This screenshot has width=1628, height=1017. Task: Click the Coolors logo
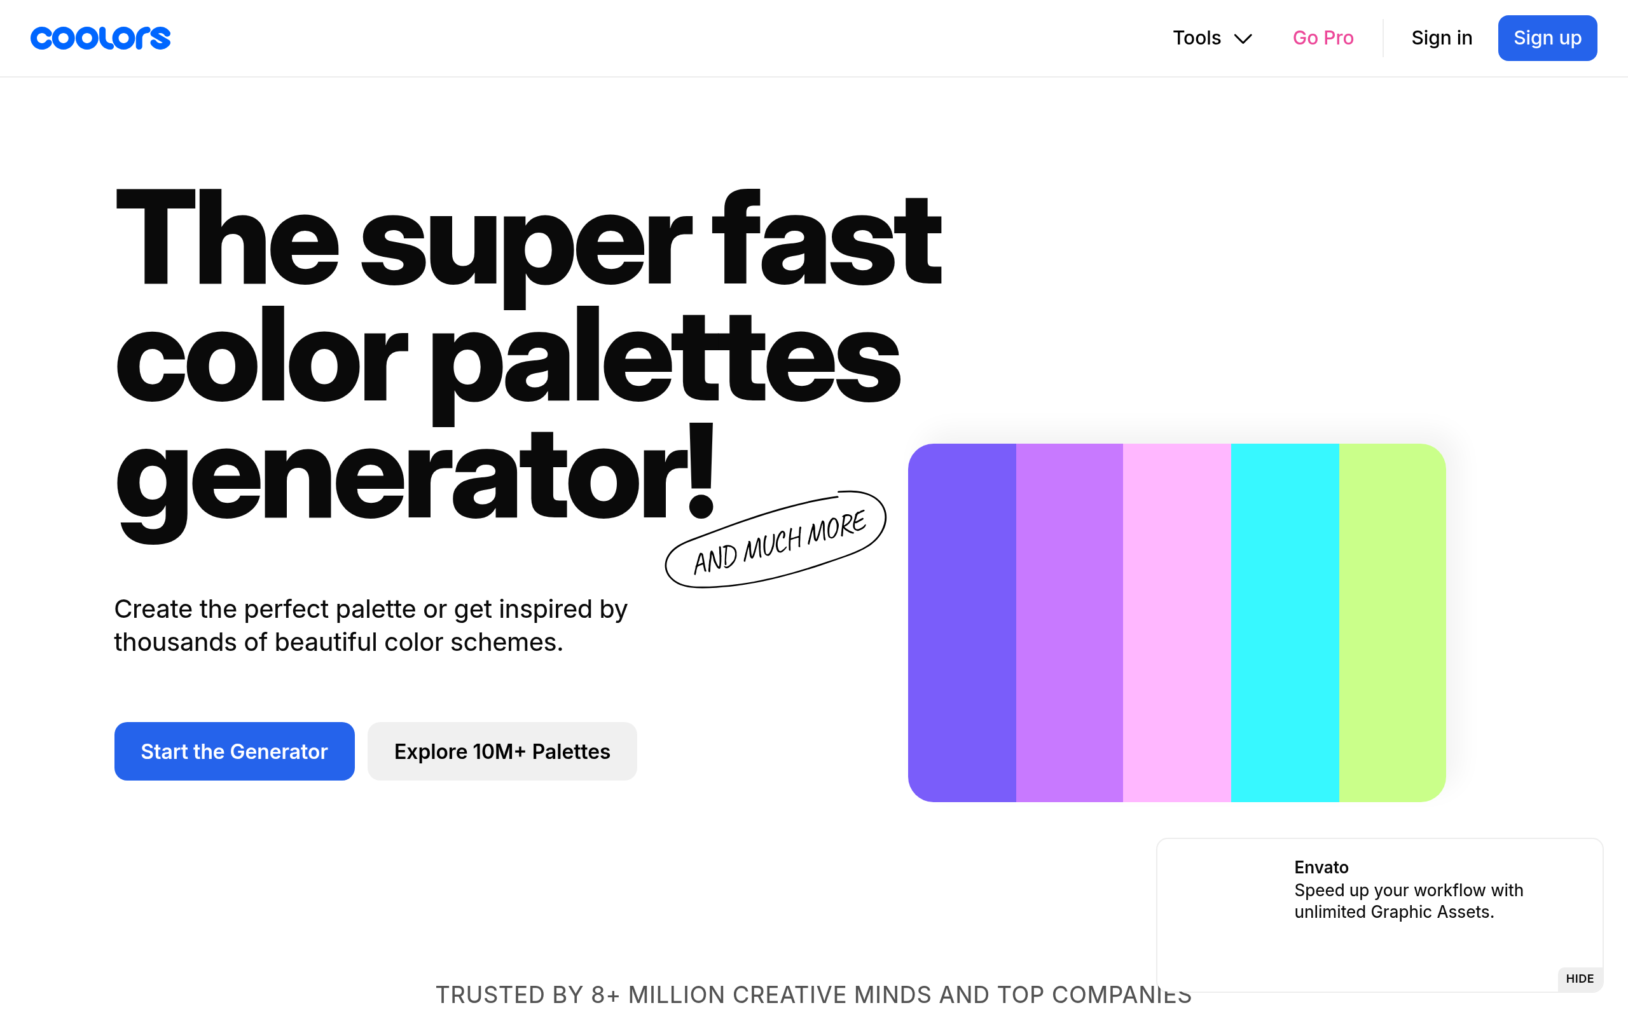tap(100, 38)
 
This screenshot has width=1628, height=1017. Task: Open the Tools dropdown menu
tap(1211, 38)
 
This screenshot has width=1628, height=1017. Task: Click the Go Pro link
tap(1323, 38)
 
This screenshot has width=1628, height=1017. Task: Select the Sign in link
tap(1442, 38)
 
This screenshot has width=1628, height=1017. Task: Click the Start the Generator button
tap(234, 751)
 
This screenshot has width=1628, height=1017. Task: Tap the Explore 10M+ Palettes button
tap(502, 751)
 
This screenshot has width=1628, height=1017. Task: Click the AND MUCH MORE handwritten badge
tap(776, 540)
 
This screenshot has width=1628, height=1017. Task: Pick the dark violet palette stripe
tap(962, 623)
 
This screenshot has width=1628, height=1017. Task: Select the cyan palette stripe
tap(1285, 623)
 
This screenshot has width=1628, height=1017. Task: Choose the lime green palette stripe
tap(1393, 623)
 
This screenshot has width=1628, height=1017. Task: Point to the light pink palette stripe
tap(1177, 623)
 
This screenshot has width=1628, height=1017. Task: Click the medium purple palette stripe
tap(1070, 623)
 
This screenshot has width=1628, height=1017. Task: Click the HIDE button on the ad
tap(1580, 979)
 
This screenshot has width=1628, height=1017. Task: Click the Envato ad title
tap(1321, 867)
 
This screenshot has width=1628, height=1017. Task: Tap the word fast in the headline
tap(827, 239)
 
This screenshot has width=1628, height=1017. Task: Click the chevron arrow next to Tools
tap(1243, 39)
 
